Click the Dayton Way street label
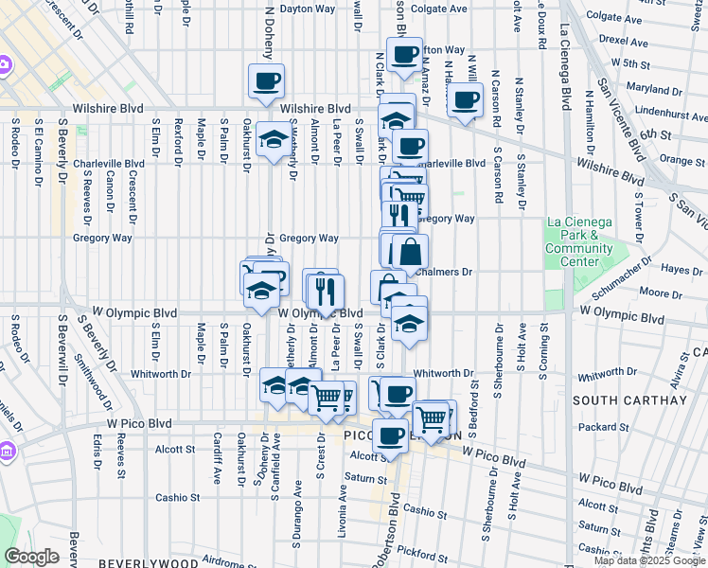(x=308, y=9)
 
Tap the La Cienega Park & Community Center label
(x=578, y=241)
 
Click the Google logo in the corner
(x=31, y=557)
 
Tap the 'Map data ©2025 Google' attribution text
(x=649, y=560)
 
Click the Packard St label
(x=598, y=427)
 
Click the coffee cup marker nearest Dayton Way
(x=266, y=81)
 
